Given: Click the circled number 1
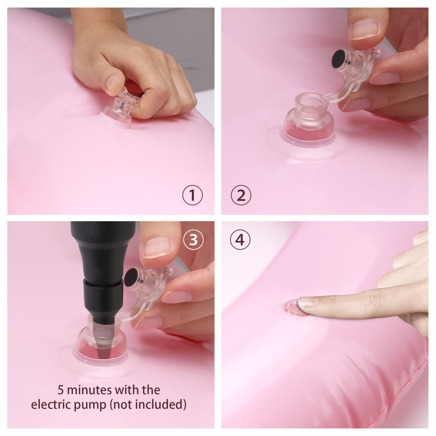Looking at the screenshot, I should point(192,195).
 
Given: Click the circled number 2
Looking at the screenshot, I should point(241,195).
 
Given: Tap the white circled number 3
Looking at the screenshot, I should point(193,240).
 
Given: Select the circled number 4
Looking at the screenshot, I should point(240,240).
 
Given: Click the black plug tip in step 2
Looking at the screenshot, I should point(338,59).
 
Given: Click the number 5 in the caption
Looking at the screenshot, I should point(60,390).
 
